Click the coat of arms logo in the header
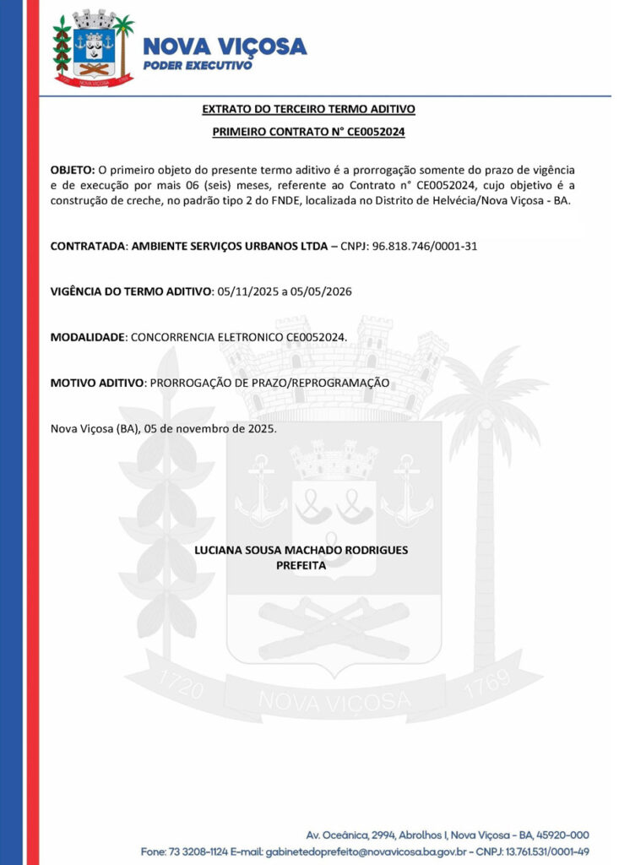click(93, 48)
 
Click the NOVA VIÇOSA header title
click(224, 46)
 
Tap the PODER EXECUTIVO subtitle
click(198, 65)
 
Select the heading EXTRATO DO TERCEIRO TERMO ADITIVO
click(308, 109)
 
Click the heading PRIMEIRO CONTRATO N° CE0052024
click(308, 132)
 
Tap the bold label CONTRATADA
click(88, 246)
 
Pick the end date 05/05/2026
click(323, 291)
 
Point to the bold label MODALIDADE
click(88, 337)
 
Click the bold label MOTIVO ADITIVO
click(97, 383)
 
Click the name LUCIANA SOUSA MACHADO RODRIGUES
click(301, 550)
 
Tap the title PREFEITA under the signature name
click(301, 565)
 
